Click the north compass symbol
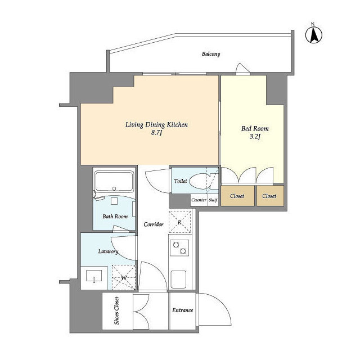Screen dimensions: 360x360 [x=314, y=35]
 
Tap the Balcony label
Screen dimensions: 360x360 [x=211, y=54]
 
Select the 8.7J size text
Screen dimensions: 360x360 [x=156, y=133]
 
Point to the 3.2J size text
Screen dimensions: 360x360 [x=255, y=137]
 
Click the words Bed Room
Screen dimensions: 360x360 [x=255, y=128]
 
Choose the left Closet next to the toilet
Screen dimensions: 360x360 [x=237, y=196]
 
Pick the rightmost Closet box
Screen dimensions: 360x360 [x=270, y=196]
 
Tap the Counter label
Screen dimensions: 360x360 [x=199, y=200]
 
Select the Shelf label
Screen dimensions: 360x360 [x=213, y=200]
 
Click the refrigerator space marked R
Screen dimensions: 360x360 [x=180, y=222]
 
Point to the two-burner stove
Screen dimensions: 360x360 [x=179, y=248]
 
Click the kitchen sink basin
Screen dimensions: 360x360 [x=178, y=280]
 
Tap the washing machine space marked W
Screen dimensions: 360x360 [x=124, y=277]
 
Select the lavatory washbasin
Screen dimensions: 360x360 [x=94, y=276]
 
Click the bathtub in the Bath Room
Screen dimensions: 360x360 [x=114, y=181]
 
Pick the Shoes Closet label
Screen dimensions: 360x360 [x=116, y=310]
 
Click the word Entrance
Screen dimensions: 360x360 [x=182, y=310]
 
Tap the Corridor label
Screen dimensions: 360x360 [x=154, y=224]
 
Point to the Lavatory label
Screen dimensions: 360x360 [x=108, y=251]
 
